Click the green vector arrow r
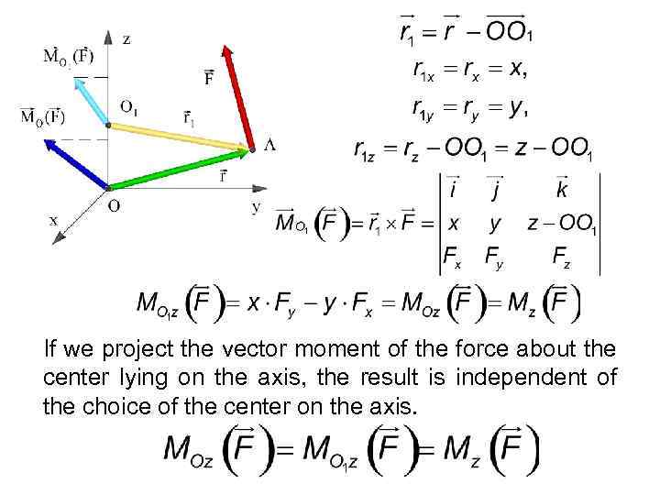[179, 167]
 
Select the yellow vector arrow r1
[179, 136]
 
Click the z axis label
[126, 38]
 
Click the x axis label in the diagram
[53, 220]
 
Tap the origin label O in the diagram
[114, 205]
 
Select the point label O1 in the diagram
[129, 106]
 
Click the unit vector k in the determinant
[561, 190]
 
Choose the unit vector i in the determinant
[453, 190]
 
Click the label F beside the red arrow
[209, 78]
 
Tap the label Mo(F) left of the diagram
[43, 116]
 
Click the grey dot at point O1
[109, 126]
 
